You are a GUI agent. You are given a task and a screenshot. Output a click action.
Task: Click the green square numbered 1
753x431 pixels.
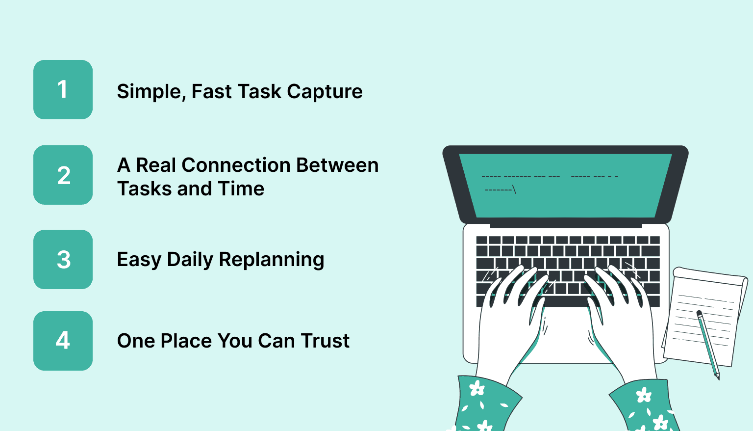63,89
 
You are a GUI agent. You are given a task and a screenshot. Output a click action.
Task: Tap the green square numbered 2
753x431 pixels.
63,175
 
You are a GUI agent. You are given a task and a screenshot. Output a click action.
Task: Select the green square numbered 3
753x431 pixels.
63,259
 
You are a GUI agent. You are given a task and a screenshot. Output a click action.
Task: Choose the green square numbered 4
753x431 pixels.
63,341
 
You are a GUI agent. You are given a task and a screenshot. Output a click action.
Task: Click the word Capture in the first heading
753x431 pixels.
325,92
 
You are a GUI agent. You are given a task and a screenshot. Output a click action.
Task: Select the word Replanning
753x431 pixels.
271,260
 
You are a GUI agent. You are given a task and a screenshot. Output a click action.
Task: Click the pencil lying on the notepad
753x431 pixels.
708,344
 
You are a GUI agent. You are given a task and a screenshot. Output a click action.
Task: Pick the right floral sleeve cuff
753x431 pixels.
645,405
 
